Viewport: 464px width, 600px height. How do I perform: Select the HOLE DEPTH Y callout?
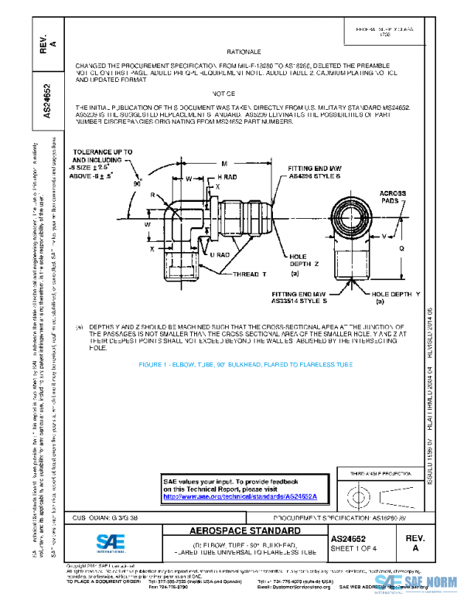pos(394,297)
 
